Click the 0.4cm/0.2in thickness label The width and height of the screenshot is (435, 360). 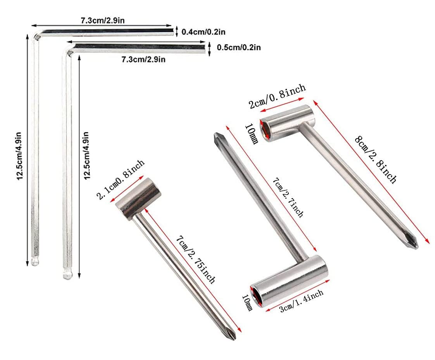[204, 32]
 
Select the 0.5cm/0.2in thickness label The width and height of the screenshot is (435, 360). [238, 47]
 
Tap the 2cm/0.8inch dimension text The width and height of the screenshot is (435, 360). [277, 96]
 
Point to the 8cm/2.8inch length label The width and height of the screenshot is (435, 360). [376, 159]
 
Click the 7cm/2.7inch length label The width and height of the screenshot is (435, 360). [288, 197]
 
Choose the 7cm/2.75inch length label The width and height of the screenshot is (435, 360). [195, 259]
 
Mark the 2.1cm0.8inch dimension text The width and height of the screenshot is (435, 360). [121, 179]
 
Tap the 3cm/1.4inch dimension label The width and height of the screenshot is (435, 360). [301, 301]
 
